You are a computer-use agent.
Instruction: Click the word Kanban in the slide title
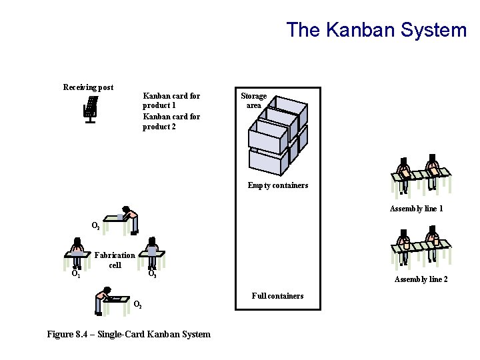tap(355, 30)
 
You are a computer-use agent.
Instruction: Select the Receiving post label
tap(88, 87)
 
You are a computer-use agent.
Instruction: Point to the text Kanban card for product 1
tap(171, 101)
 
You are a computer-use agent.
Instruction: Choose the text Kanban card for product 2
tap(171, 121)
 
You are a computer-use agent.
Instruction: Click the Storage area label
tap(253, 101)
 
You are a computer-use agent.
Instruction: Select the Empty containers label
tap(277, 185)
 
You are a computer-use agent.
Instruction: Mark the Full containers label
tap(277, 296)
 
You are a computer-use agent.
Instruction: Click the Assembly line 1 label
tap(416, 209)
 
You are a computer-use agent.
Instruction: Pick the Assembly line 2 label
tap(421, 279)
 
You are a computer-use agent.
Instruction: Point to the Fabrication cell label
tap(115, 260)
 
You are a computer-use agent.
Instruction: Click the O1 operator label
tap(76, 273)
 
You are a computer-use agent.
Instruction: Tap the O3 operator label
tap(152, 273)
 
